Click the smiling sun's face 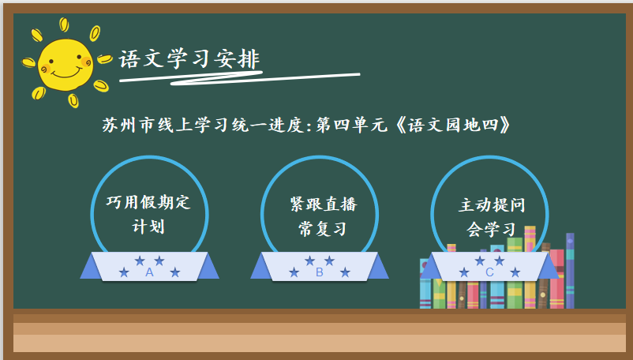[x=66, y=65]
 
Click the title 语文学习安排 [x=189, y=59]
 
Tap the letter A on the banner [x=149, y=272]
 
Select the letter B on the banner [x=320, y=272]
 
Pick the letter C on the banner [x=489, y=272]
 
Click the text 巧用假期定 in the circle [x=148, y=202]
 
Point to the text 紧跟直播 [x=324, y=204]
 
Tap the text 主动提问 [x=492, y=205]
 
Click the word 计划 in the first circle [x=148, y=227]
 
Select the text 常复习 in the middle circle [x=323, y=229]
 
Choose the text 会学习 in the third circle [x=491, y=230]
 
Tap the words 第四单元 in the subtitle [x=351, y=125]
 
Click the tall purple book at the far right [x=570, y=271]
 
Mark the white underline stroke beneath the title [x=240, y=78]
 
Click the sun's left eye [x=51, y=62]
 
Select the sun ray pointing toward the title [x=104, y=59]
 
